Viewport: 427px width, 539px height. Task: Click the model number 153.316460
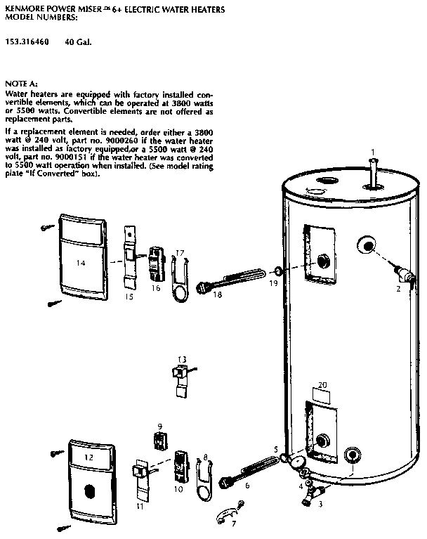[x=27, y=41]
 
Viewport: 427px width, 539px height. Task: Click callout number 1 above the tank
[x=373, y=150]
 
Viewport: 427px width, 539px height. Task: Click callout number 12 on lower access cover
[x=88, y=457]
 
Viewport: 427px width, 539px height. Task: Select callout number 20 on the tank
[x=322, y=385]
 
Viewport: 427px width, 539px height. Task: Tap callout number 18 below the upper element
[x=217, y=295]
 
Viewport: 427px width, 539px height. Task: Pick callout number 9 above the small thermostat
[x=159, y=427]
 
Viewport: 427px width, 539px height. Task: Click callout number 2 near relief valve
[x=398, y=288]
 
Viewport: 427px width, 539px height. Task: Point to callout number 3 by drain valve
[x=321, y=504]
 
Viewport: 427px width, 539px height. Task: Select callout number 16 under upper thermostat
[x=156, y=287]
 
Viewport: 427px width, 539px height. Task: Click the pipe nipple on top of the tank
[x=374, y=174]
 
